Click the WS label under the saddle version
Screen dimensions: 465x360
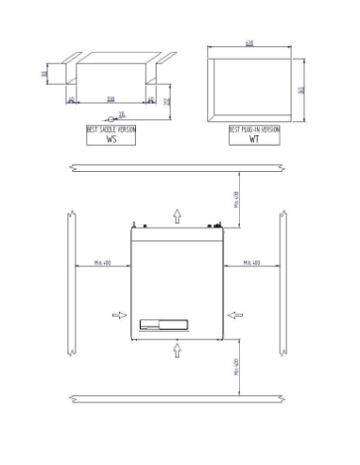click(111, 138)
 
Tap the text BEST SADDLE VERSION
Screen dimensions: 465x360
click(111, 129)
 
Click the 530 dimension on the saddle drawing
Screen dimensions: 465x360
click(111, 97)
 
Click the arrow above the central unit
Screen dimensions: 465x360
click(177, 216)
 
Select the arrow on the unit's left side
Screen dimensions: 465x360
click(118, 315)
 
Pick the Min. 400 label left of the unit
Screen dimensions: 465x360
click(103, 262)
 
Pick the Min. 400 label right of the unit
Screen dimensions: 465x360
click(252, 262)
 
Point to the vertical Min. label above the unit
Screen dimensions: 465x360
click(236, 198)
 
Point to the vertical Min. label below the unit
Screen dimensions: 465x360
click(236, 367)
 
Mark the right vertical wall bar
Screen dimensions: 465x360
click(283, 284)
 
